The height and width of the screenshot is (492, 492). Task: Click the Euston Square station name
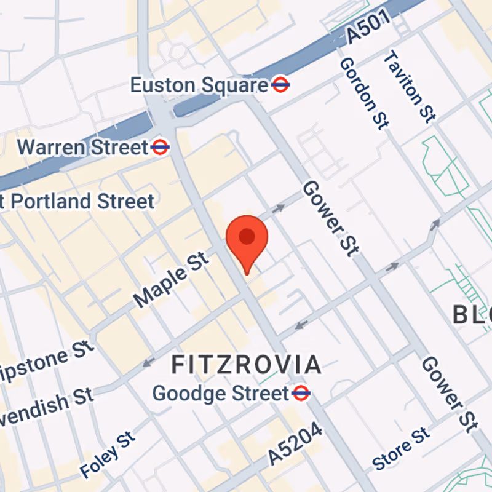199,85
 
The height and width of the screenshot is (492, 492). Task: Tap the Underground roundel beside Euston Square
280,85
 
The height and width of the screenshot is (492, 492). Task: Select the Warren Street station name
83,148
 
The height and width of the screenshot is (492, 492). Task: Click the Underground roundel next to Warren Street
160,147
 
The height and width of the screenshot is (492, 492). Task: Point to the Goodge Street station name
220,393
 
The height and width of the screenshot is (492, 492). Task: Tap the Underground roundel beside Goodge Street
301,393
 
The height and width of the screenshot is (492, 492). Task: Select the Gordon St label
364,92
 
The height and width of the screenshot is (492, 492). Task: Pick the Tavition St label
410,87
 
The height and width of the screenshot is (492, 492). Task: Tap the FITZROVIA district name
246,365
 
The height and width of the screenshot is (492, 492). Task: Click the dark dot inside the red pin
247,236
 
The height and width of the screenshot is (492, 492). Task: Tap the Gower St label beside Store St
449,394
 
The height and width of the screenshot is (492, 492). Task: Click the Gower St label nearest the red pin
330,218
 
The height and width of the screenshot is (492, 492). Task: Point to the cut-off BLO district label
472,315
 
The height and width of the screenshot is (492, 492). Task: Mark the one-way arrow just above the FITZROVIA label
148,362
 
